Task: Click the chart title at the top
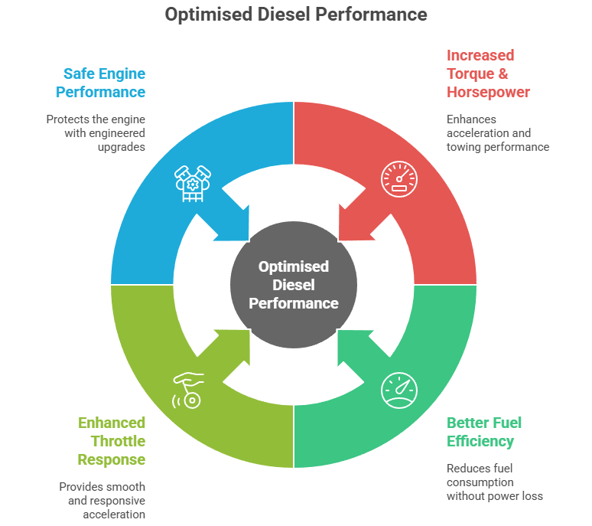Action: point(296,15)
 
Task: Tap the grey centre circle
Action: point(294,285)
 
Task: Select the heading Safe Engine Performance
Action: point(104,83)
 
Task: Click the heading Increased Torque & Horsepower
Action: point(488,74)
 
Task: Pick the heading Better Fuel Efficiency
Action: point(484,432)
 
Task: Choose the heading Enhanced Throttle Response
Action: point(111,441)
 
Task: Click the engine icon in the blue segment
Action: point(192,182)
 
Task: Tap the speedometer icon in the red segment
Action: point(399,179)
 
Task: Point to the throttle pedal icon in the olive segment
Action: point(188,390)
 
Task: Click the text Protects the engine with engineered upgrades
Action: point(96,132)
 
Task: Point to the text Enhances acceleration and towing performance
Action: point(498,132)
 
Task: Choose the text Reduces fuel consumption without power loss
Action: point(494,482)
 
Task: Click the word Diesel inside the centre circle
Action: point(294,285)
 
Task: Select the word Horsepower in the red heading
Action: point(488,92)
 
